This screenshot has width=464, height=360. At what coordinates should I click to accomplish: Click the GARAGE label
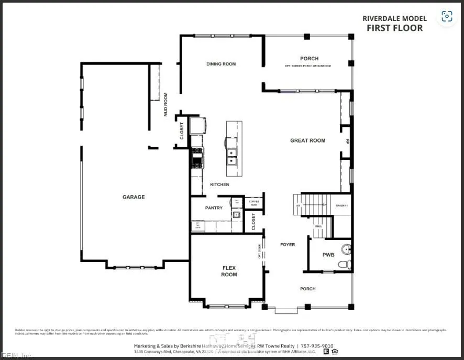(x=134, y=197)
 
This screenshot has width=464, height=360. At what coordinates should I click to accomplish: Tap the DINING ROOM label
(x=221, y=64)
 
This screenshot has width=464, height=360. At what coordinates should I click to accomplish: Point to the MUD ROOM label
(x=166, y=104)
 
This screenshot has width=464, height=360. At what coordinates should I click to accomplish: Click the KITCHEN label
(x=219, y=184)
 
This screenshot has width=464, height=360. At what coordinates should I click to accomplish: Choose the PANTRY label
(x=214, y=208)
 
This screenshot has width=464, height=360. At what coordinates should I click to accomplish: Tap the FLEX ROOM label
(x=229, y=271)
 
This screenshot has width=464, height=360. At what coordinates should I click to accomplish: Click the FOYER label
(x=288, y=245)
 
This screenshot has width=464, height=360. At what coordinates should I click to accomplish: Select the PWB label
(x=328, y=255)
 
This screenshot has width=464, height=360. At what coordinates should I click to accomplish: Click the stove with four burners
(x=197, y=157)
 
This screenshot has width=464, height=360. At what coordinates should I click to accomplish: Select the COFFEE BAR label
(x=254, y=202)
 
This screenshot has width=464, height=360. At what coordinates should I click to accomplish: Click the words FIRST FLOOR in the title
(x=394, y=28)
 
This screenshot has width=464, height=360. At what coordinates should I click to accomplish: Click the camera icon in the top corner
(x=447, y=16)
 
